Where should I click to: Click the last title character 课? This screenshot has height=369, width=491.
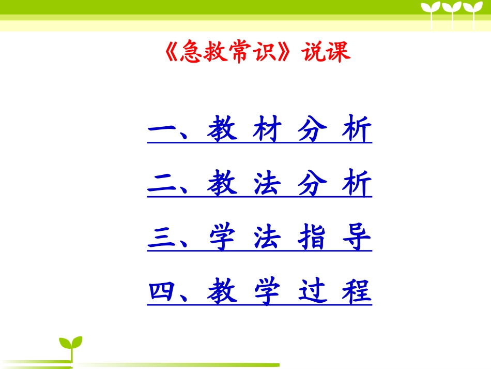click(339, 52)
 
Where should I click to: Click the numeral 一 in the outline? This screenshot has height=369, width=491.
click(163, 130)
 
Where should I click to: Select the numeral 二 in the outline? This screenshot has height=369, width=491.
click(163, 185)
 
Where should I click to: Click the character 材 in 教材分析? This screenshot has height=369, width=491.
click(267, 130)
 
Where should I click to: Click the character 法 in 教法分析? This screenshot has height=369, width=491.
click(267, 185)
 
